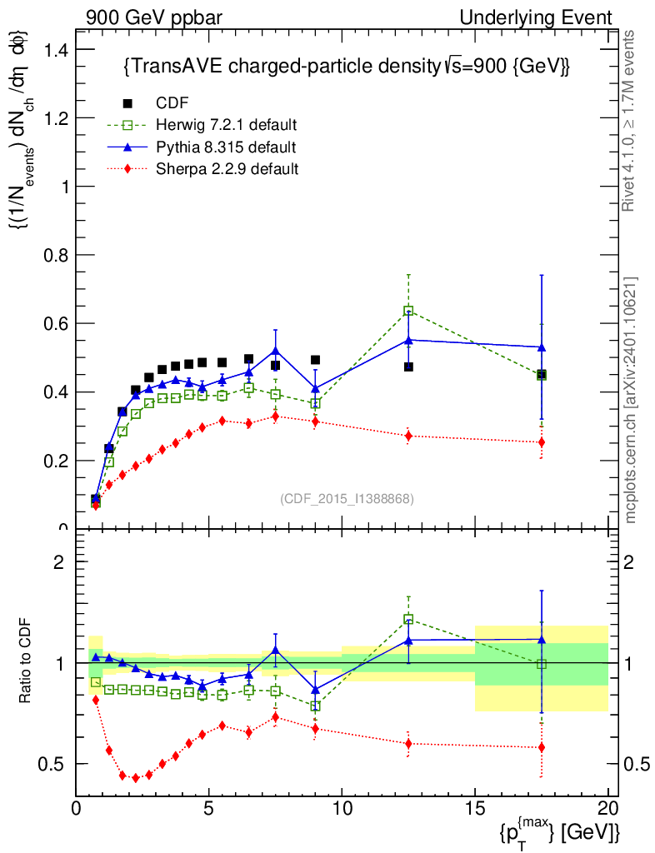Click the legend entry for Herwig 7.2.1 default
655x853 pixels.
pos(225,126)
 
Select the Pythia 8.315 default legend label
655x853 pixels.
pos(226,147)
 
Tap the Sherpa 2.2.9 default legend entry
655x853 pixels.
pos(227,169)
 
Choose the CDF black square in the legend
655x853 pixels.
pos(128,103)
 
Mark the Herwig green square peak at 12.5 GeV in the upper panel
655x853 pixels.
pos(408,311)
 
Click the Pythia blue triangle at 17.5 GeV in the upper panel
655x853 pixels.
pos(542,347)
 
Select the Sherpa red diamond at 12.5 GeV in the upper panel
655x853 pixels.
pos(408,435)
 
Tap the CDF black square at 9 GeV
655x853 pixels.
pos(315,360)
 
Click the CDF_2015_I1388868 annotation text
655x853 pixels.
pos(347,498)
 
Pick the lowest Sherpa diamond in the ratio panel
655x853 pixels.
pos(136,777)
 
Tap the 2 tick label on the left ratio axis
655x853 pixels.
pos(58,561)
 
